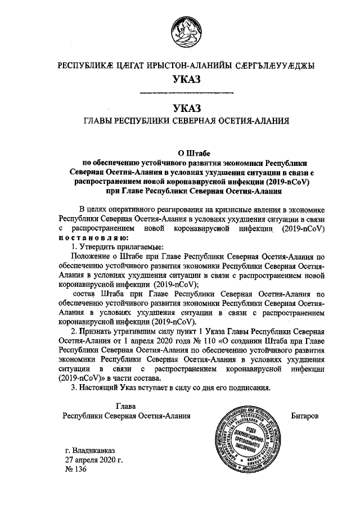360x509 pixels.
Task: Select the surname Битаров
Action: pos(305,416)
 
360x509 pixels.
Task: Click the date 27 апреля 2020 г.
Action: pos(93,461)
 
